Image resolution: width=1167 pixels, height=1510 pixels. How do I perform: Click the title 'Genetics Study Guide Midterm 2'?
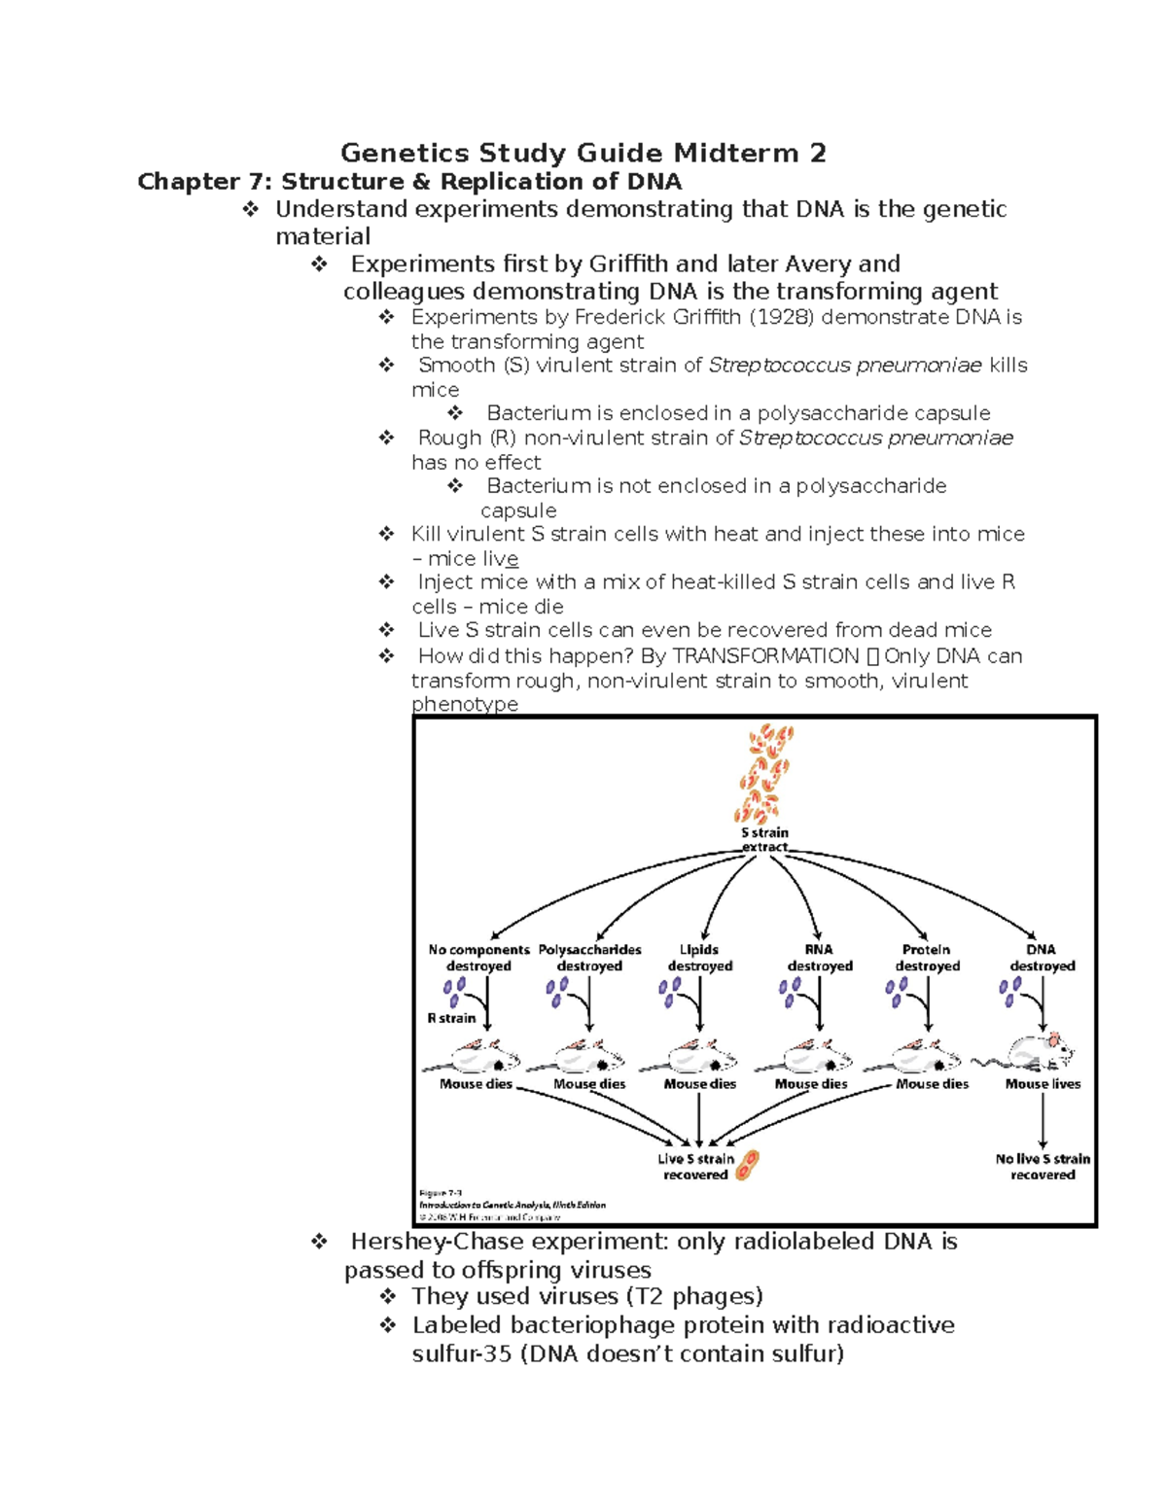583,153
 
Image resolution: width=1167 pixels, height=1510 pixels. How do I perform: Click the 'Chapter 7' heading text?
409,182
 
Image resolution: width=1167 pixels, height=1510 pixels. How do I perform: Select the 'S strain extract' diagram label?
764,840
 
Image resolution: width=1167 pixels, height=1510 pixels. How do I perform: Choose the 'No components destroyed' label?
478,958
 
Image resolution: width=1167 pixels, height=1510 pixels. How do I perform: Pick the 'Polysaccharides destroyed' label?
589,958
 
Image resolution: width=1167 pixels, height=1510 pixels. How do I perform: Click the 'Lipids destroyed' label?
699,958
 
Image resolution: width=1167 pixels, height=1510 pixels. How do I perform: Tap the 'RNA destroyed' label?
819,958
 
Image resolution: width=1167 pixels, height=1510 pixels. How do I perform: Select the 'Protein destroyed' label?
927,958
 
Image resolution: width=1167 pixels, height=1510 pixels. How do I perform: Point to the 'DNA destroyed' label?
1042,958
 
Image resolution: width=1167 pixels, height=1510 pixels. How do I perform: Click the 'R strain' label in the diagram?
451,1018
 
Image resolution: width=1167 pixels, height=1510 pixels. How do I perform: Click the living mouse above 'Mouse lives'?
1039,1053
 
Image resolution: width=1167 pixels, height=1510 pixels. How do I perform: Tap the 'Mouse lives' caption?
1043,1084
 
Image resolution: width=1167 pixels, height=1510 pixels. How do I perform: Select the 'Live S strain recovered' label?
695,1167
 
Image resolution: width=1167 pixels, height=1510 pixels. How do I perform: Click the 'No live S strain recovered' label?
1043,1167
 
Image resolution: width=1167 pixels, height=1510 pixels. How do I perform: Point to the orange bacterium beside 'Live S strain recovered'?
747,1164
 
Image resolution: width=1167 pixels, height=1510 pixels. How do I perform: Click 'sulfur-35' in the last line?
462,1353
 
